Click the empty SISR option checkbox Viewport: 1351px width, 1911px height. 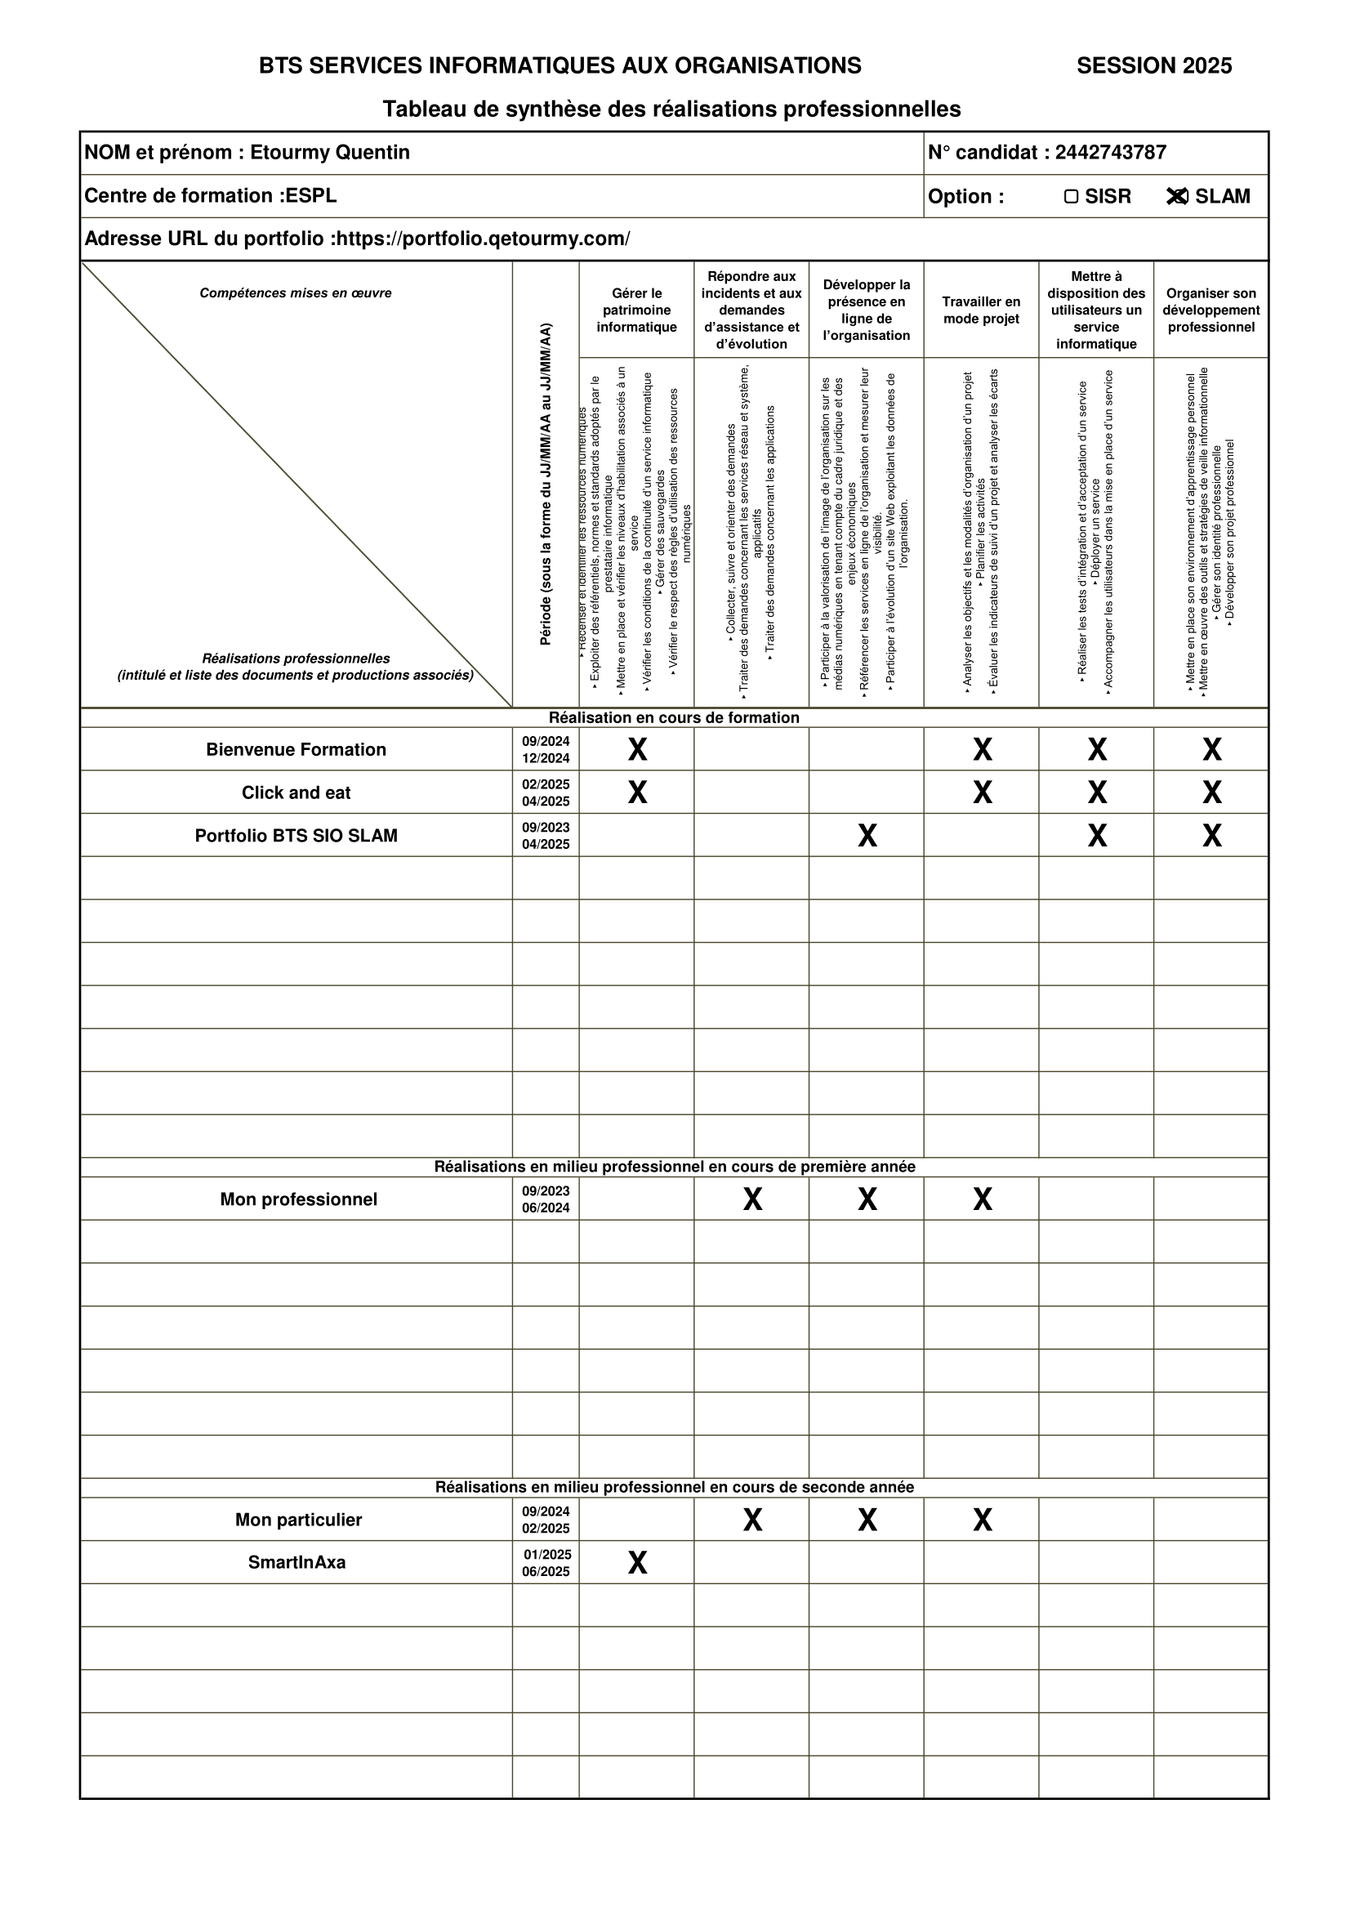click(1072, 196)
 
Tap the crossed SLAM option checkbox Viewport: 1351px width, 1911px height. click(1176, 196)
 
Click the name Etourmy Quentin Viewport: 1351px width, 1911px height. click(329, 152)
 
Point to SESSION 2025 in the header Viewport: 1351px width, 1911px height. click(1154, 65)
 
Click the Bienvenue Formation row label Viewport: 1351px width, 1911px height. click(297, 750)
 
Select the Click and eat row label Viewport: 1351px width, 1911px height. click(297, 793)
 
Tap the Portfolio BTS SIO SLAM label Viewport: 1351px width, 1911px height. click(297, 836)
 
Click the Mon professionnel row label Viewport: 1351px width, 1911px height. click(299, 1199)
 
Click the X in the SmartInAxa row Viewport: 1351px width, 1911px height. click(637, 1563)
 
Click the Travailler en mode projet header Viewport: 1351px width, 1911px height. click(981, 310)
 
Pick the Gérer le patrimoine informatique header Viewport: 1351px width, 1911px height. click(636, 310)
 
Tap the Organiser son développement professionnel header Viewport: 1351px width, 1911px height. click(1211, 310)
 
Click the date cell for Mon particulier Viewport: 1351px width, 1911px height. click(546, 1520)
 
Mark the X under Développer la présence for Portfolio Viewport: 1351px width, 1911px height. click(867, 836)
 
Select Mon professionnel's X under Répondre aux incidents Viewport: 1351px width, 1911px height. click(752, 1199)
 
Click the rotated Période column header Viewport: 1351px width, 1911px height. click(546, 484)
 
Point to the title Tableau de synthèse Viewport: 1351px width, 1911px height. click(671, 109)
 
